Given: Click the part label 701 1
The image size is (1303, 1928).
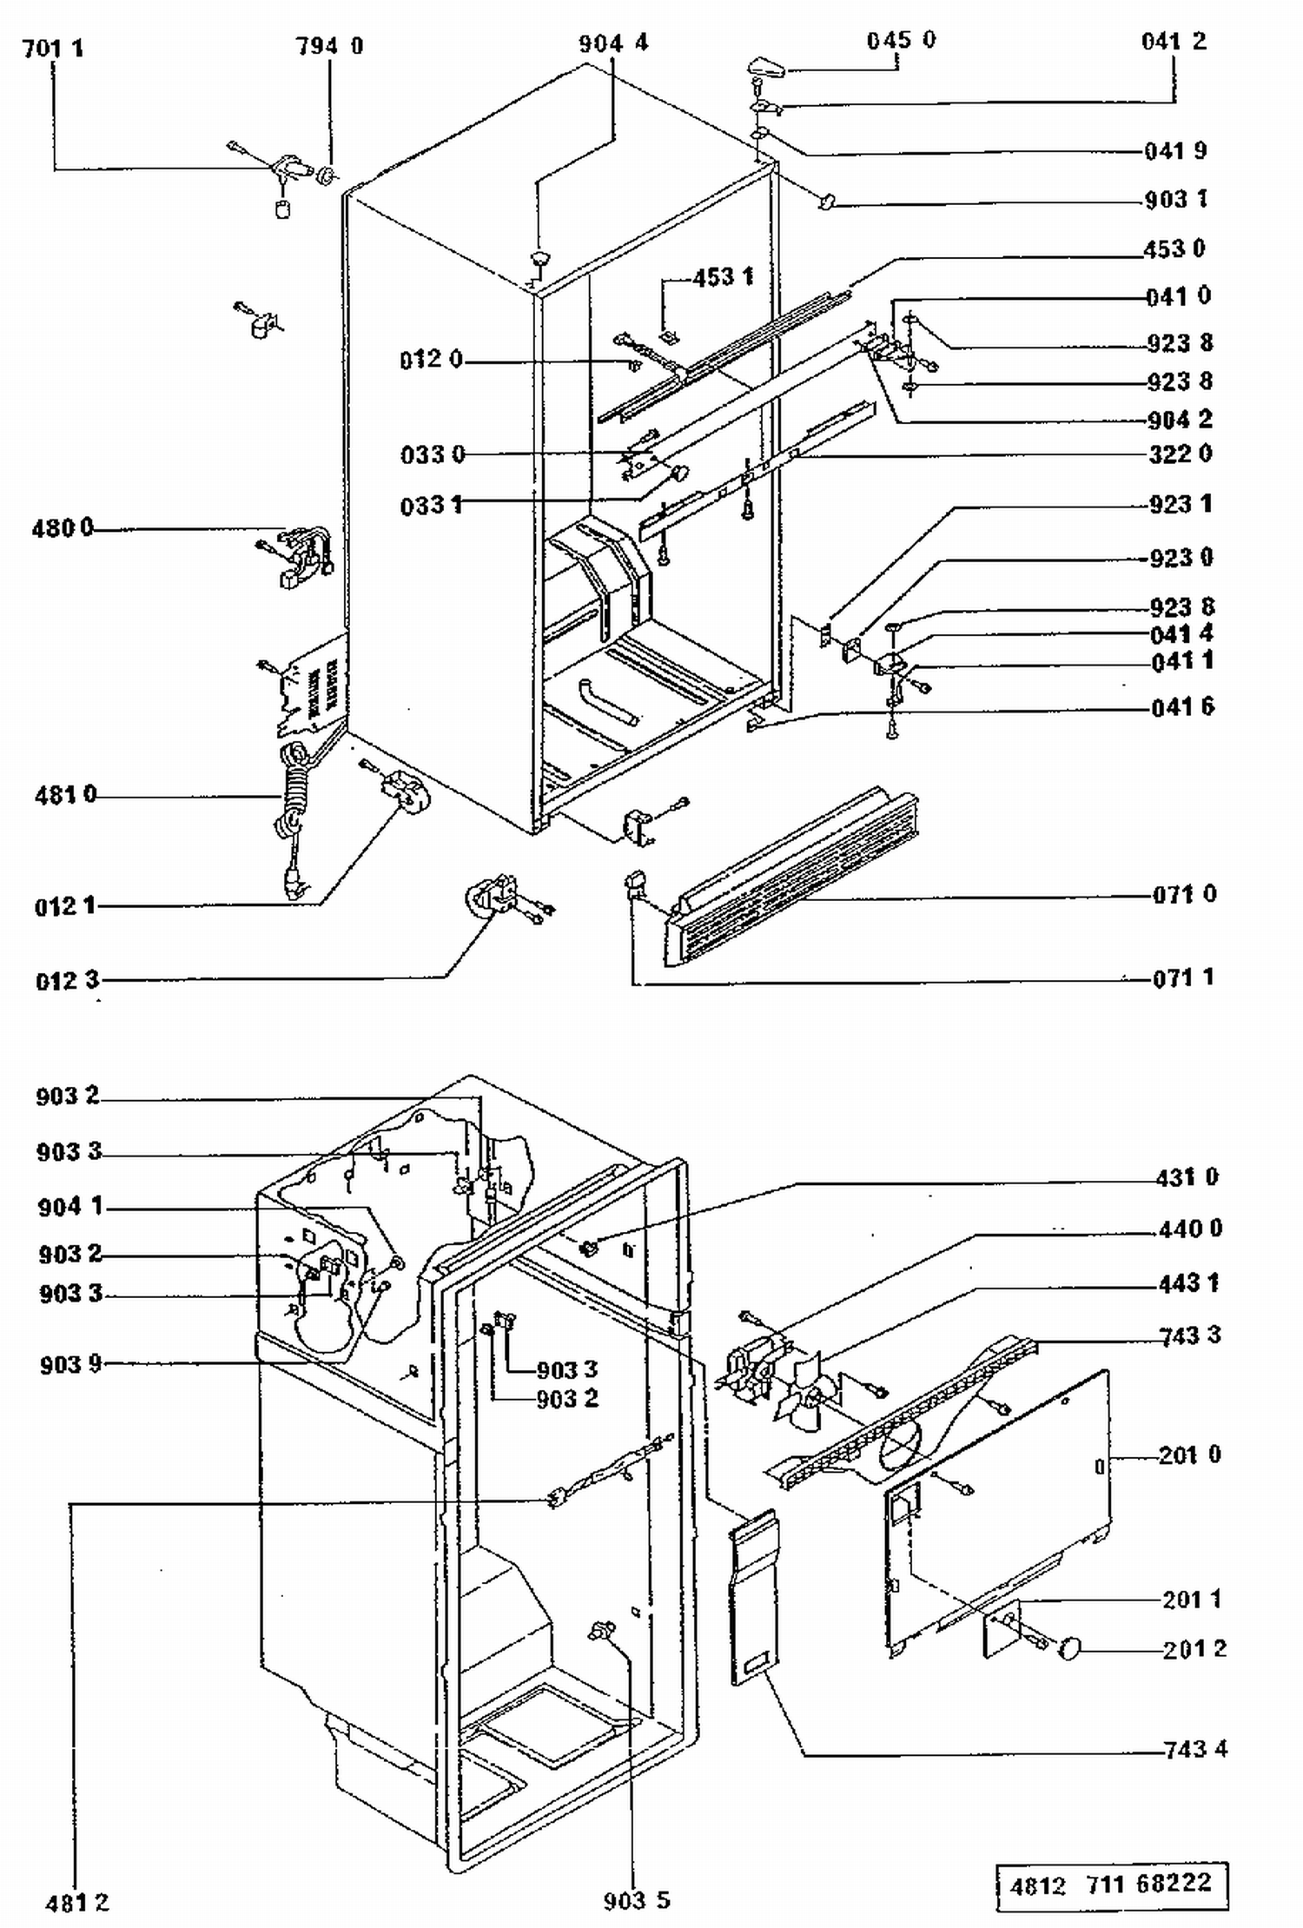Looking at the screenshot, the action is coord(53,48).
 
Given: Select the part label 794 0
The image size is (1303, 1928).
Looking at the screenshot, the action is coord(330,46).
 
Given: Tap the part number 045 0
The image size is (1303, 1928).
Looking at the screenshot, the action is coord(902,41).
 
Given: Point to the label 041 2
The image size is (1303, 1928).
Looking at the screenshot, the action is coord(1174,42).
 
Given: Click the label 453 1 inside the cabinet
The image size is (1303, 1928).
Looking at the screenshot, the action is coord(723,277).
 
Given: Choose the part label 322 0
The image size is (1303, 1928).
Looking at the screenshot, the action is coord(1181,454).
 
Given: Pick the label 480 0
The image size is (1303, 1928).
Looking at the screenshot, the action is coord(63,528).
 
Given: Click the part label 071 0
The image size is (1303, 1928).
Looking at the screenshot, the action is coord(1185,894).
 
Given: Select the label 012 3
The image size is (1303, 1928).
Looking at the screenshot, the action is coord(68,981).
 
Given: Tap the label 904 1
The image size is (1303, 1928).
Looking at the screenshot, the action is coord(70,1207).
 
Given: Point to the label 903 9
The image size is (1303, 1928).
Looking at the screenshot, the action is coord(71,1365).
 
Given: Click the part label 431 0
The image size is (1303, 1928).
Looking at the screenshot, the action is coord(1187,1177).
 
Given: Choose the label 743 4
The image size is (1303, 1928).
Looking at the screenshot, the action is coord(1196,1749).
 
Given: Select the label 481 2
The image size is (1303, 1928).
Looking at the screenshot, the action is coord(77,1903).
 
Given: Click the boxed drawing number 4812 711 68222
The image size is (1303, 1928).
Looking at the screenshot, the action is coord(1112,1884).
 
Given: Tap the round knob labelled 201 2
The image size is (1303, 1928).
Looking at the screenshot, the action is coord(1071,1647).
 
